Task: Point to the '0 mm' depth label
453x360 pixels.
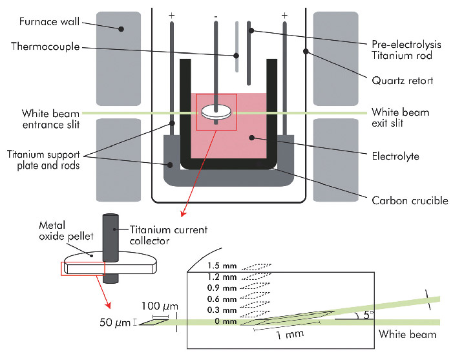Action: point(226,321)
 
